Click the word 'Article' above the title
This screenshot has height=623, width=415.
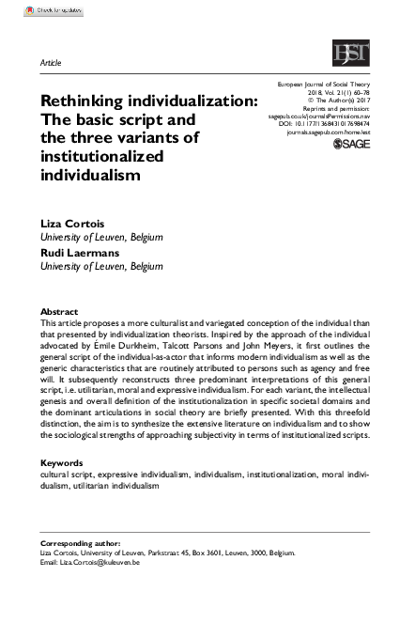pos(50,62)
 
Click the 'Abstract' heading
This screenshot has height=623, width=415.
pos(59,311)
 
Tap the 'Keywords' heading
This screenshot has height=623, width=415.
pos(62,463)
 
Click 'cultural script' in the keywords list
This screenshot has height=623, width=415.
pos(67,475)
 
